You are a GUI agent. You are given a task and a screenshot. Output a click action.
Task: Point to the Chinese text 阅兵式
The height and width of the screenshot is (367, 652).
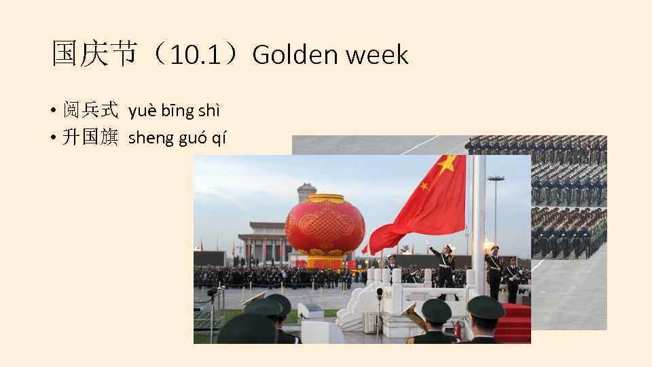click(90, 110)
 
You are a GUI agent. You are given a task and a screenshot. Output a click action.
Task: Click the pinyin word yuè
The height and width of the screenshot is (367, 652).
click(141, 111)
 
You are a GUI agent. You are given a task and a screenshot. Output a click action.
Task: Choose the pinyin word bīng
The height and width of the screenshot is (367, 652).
click(176, 111)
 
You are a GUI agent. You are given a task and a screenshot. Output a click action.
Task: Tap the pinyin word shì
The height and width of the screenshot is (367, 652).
click(209, 110)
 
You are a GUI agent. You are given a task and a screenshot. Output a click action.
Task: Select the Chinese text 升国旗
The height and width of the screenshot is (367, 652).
click(90, 138)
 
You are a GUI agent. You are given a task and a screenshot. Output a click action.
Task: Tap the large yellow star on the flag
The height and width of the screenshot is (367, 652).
click(447, 164)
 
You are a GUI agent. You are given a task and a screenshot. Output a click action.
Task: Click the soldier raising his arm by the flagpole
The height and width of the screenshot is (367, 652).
click(445, 262)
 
